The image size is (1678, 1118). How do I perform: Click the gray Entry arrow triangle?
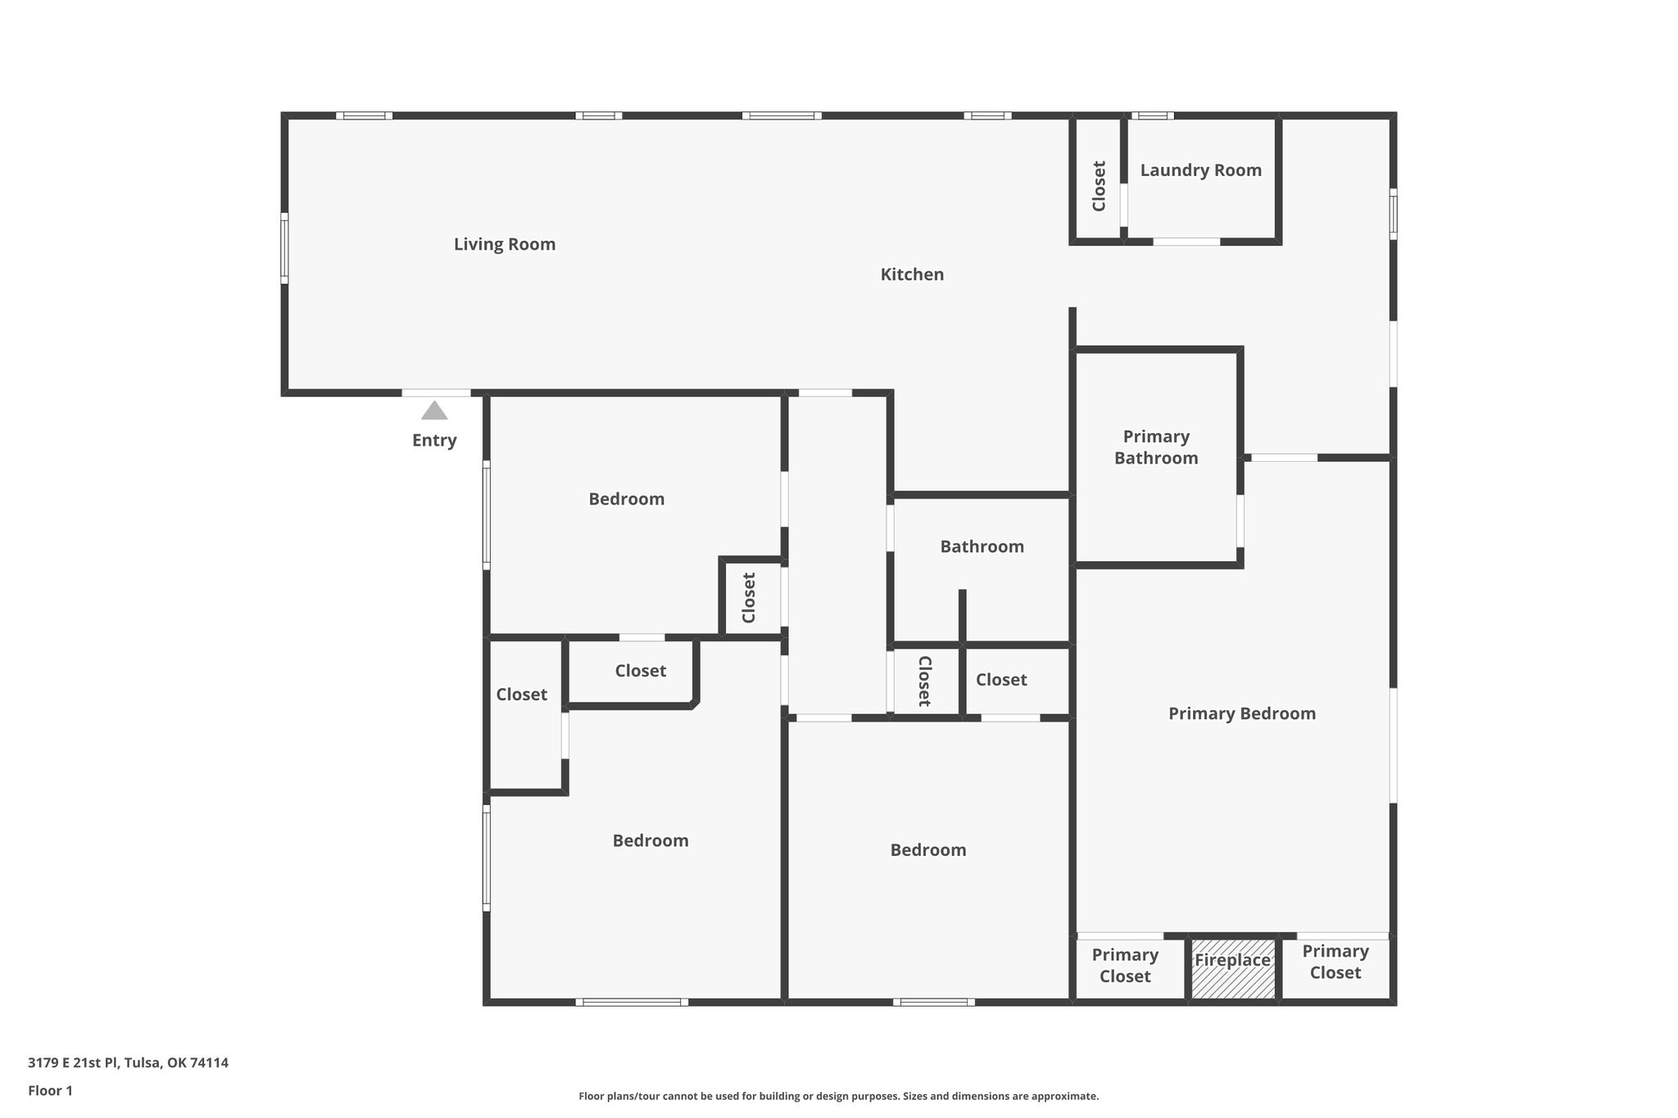click(x=434, y=410)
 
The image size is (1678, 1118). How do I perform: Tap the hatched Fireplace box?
click(x=1233, y=968)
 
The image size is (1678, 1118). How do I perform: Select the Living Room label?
click(x=505, y=244)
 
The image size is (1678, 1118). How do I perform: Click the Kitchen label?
click(x=912, y=274)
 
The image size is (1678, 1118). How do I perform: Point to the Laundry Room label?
click(x=1201, y=170)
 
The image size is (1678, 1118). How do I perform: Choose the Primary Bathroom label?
click(x=1156, y=447)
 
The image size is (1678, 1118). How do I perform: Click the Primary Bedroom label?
click(x=1242, y=713)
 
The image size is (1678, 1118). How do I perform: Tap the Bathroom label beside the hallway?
click(x=982, y=546)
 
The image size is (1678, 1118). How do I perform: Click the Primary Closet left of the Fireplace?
click(x=1125, y=966)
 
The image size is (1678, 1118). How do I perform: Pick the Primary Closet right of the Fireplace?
click(x=1336, y=962)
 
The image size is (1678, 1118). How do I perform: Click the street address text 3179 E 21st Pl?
click(x=74, y=1063)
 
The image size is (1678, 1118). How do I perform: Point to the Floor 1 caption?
click(x=51, y=1091)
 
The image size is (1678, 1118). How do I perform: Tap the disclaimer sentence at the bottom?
click(x=838, y=1096)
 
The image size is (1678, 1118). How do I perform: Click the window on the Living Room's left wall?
click(x=284, y=248)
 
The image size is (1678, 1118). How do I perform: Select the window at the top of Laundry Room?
click(x=1153, y=115)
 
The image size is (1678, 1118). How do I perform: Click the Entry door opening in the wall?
click(x=436, y=393)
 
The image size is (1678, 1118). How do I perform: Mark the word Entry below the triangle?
click(x=434, y=441)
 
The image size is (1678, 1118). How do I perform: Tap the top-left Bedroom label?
click(x=627, y=499)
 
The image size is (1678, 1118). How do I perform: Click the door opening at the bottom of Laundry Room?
click(x=1186, y=242)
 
